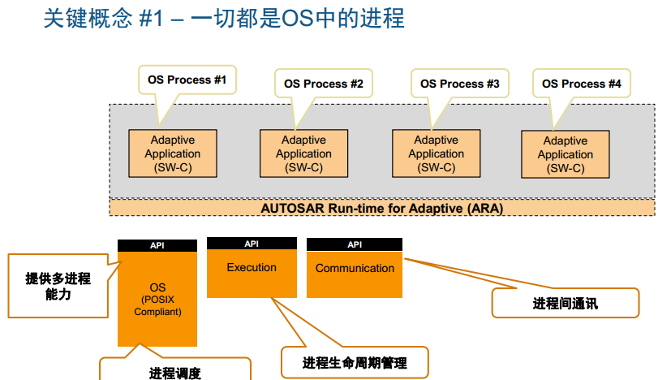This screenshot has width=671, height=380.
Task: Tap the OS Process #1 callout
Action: point(187,80)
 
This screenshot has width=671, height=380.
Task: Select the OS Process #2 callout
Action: point(323,84)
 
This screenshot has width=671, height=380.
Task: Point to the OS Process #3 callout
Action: point(459,84)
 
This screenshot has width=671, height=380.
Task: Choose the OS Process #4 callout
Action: point(581,84)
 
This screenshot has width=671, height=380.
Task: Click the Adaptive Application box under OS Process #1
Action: point(173,153)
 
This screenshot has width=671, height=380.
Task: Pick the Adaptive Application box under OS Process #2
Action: point(303,153)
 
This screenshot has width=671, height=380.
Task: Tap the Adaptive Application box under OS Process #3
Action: point(436,153)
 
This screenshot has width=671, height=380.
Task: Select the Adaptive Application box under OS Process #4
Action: point(565,154)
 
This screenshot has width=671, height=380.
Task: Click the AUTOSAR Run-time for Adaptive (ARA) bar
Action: point(381,208)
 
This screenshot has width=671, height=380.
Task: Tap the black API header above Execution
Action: point(252,244)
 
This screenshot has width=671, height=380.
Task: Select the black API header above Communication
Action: point(355,244)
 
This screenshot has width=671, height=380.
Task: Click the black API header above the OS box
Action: point(157,245)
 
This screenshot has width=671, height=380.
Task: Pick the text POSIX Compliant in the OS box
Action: point(157,305)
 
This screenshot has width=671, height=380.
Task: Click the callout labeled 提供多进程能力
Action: point(58,286)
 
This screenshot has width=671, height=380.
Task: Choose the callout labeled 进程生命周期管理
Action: point(354,362)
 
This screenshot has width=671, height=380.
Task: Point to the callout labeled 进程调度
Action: point(174,372)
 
